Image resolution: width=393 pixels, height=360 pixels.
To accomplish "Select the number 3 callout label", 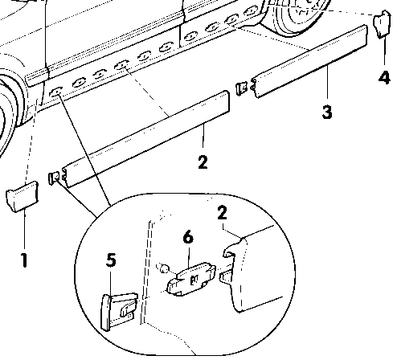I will (327, 112).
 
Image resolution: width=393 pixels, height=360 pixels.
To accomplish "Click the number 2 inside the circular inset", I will (223, 213).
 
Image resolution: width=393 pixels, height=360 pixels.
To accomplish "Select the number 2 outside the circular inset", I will (202, 162).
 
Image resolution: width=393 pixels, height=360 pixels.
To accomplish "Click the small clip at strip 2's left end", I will (55, 177).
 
